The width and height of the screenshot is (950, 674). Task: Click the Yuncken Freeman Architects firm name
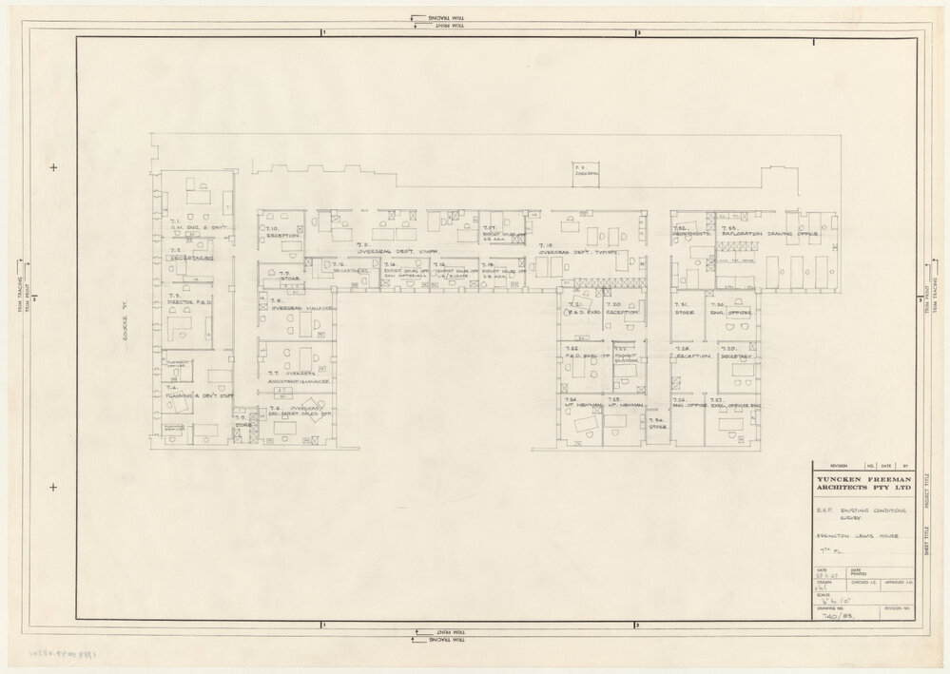tap(860, 483)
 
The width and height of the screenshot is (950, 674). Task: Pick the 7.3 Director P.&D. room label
tap(188, 299)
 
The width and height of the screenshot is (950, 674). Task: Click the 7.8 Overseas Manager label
tap(301, 308)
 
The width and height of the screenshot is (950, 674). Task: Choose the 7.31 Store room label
tap(684, 308)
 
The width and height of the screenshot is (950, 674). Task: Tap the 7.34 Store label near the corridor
tap(656, 424)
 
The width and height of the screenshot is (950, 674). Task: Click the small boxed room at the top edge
tap(586, 173)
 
